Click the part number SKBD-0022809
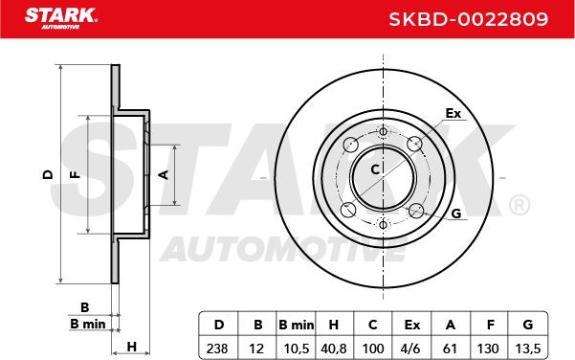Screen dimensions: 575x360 coord(468,19)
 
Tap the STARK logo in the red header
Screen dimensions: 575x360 coord(61,18)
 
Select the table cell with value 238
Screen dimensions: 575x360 coord(217,349)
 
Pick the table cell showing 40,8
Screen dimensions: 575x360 coord(334,349)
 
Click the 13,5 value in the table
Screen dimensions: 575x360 coord(528,349)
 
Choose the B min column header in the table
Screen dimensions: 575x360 coord(296,325)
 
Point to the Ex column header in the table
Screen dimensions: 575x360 coord(411,325)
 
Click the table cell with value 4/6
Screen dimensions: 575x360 coord(410,349)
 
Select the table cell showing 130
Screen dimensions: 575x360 coord(488,349)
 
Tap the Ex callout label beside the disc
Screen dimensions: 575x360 coord(453,113)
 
